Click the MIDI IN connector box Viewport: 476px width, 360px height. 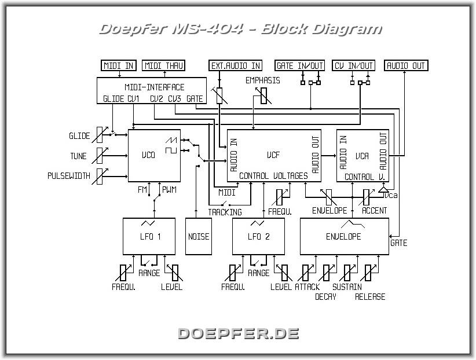pyautogui.click(x=119, y=65)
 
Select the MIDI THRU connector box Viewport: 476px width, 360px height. pyautogui.click(x=163, y=65)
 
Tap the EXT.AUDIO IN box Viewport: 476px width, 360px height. pyautogui.click(x=236, y=65)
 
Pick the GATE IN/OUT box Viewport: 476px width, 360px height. pyautogui.click(x=300, y=65)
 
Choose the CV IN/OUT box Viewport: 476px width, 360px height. pyautogui.click(x=354, y=65)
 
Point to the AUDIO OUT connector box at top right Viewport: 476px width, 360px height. pyautogui.click(x=407, y=65)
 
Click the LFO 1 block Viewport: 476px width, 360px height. pyautogui.click(x=149, y=236)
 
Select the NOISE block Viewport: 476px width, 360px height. pyautogui.click(x=199, y=236)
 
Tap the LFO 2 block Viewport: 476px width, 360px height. pyautogui.click(x=258, y=236)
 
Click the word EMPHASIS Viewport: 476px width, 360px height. pyautogui.click(x=262, y=80)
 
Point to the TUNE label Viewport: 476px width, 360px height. pyautogui.click(x=78, y=156)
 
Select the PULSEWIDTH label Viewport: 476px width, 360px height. pyautogui.click(x=69, y=176)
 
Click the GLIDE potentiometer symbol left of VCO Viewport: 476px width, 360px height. pyautogui.click(x=101, y=135)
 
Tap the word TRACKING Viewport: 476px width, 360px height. pyautogui.click(x=225, y=212)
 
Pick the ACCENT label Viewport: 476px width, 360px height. pyautogui.click(x=374, y=211)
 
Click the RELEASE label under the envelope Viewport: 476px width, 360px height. pyautogui.click(x=370, y=297)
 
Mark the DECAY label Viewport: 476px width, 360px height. pyautogui.click(x=325, y=297)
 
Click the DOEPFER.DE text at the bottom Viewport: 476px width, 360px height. pyautogui.click(x=238, y=333)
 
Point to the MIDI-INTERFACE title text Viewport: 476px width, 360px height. pyautogui.click(x=155, y=87)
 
